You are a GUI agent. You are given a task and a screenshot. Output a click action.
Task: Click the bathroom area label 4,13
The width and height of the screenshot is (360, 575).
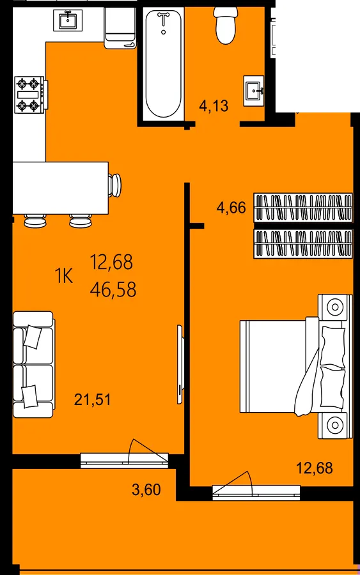214,106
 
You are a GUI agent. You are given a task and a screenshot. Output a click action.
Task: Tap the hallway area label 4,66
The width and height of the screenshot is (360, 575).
231,208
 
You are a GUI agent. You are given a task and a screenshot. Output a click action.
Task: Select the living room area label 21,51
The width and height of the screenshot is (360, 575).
92,399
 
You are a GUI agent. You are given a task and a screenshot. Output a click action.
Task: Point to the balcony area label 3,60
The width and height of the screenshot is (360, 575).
146,489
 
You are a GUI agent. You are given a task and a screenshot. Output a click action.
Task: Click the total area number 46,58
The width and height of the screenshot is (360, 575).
113,289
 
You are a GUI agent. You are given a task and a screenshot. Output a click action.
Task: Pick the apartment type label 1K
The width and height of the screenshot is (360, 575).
64,276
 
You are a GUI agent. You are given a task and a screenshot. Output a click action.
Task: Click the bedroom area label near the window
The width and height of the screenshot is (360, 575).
315,468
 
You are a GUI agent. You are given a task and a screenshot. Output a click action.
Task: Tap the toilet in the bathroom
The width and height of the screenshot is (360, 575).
226,25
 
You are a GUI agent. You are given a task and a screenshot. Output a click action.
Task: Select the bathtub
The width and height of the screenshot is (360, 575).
163,63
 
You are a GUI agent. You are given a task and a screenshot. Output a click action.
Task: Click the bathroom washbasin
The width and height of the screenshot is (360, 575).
254,91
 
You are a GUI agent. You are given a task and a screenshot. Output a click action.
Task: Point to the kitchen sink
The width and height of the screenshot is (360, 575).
68,20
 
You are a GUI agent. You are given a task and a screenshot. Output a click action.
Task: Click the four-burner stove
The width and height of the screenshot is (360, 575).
31,95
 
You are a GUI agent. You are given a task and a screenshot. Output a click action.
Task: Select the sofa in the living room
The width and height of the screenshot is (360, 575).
33,365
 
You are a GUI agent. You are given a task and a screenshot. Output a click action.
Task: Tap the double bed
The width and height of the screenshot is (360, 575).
296,366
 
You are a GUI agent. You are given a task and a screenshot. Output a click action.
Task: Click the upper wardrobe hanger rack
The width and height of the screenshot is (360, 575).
303,208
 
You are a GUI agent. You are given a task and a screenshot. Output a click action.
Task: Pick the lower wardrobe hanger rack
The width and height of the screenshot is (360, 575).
303,243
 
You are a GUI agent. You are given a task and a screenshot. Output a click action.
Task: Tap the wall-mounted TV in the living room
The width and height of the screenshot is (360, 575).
180,365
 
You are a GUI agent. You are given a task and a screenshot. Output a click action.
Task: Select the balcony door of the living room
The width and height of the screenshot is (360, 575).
124,460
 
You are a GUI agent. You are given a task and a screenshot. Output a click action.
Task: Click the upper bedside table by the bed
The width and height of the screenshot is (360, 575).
334,305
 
